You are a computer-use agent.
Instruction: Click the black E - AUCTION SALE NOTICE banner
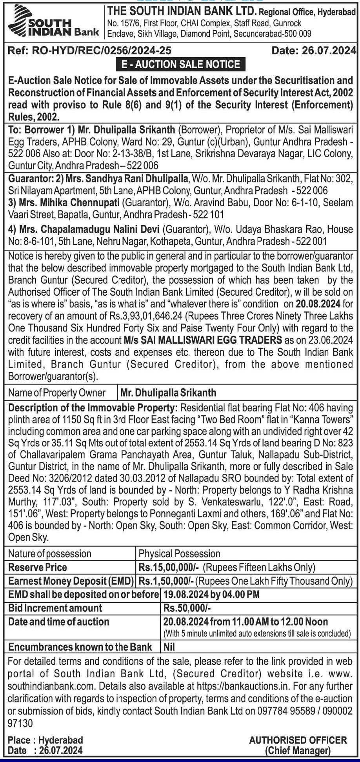(x=181, y=64)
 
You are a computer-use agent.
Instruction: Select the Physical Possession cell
(x=180, y=554)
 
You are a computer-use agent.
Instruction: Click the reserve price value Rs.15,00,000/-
(x=169, y=567)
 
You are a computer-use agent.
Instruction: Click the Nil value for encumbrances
(x=169, y=647)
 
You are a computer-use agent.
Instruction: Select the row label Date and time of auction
(x=59, y=622)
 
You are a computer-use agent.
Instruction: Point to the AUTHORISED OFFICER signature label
(x=298, y=740)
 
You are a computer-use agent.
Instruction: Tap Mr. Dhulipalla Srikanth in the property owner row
(x=168, y=393)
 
